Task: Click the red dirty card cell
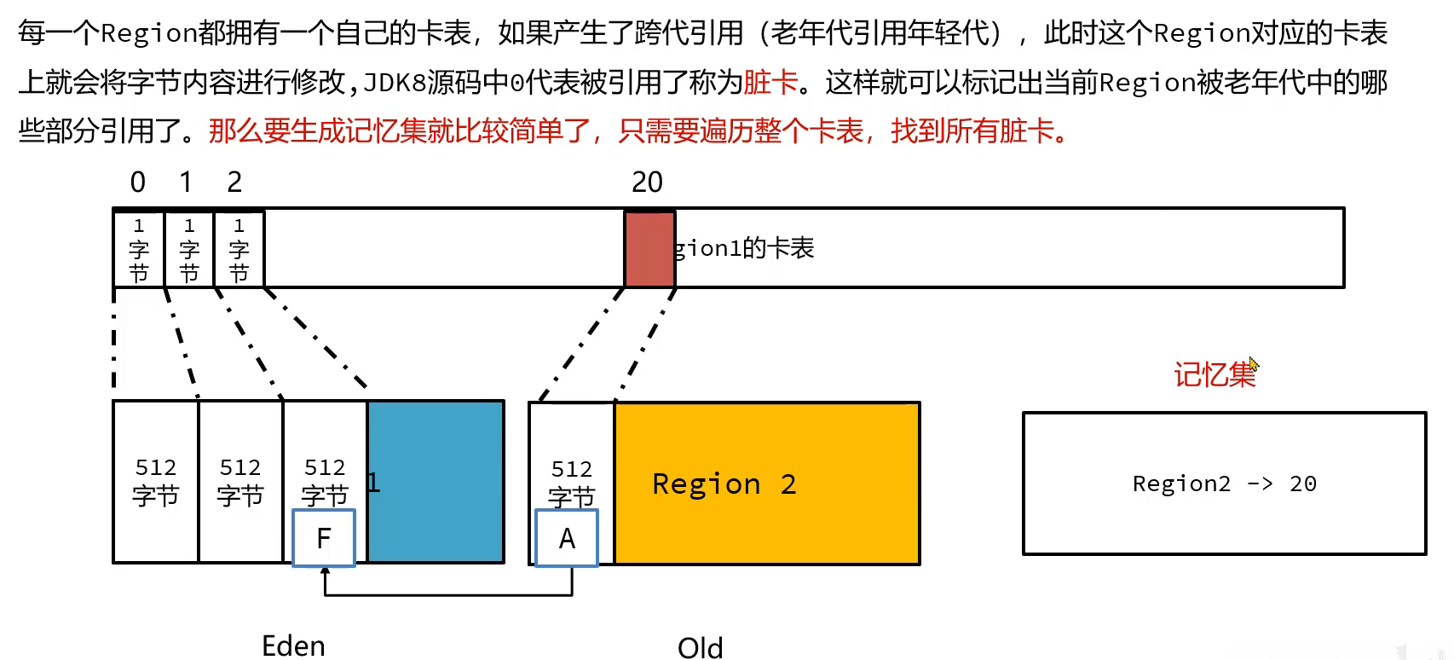649,248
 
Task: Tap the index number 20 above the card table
647,182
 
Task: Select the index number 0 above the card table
138,182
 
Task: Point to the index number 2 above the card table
234,182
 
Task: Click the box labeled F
324,538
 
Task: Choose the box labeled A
567,538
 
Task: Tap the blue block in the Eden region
436,482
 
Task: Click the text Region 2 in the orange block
724,484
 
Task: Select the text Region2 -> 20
1224,483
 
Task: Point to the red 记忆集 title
1214,374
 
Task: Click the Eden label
293,646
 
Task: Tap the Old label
700,648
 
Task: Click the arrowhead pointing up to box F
325,572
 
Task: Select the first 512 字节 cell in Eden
156,481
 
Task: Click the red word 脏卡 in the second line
770,83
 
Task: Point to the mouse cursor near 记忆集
1254,364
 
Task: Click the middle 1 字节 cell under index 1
189,248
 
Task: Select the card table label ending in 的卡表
744,248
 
